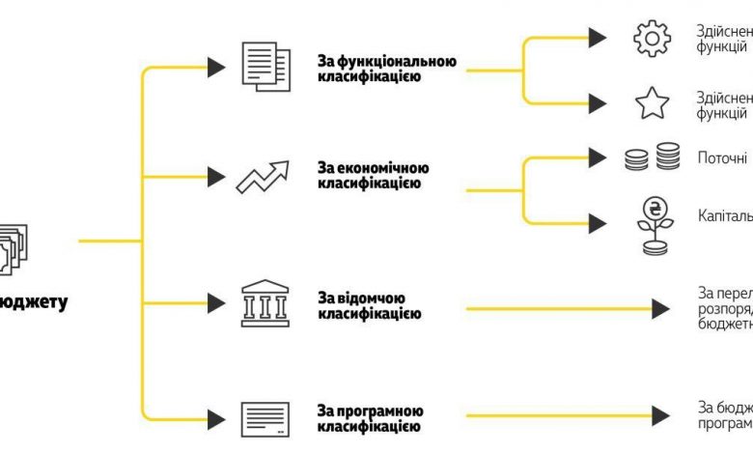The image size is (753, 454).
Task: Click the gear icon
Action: click(652, 38)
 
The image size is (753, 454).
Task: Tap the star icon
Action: click(652, 101)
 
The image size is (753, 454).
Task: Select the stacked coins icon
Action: click(652, 156)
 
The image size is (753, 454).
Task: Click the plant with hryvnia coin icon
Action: click(653, 225)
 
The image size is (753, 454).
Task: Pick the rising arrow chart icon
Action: click(264, 178)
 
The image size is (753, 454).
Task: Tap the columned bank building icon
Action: click(263, 303)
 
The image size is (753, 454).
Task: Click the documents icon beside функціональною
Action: click(263, 65)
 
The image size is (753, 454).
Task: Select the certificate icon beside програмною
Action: click(263, 418)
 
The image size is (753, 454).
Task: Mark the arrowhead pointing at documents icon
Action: click(216, 67)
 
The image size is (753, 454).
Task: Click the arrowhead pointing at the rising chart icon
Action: click(216, 177)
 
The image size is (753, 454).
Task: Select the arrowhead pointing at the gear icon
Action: click(598, 38)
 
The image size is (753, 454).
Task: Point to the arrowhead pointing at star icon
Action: click(598, 101)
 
